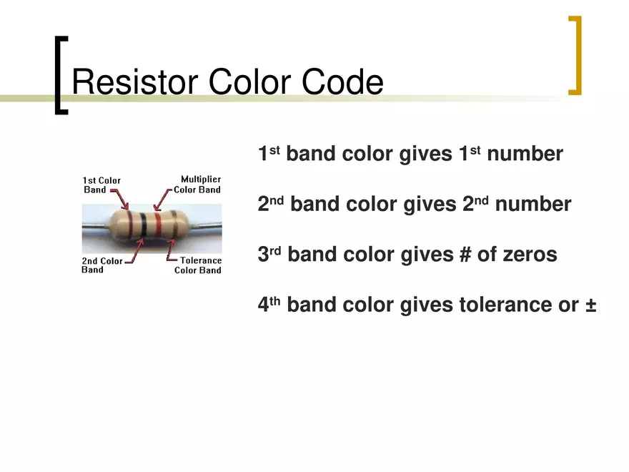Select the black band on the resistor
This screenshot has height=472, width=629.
coord(144,224)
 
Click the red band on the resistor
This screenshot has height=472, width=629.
coord(158,224)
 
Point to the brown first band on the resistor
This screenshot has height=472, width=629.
coord(129,224)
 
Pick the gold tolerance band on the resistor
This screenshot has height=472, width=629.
coord(171,224)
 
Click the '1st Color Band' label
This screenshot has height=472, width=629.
coord(101,185)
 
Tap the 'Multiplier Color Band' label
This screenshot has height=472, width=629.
coord(199,185)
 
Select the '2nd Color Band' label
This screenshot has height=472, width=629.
coord(101,265)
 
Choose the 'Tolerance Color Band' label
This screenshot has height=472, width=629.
coord(199,265)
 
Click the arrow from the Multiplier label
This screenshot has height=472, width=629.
coord(165,196)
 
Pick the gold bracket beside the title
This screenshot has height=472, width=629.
coord(575,56)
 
